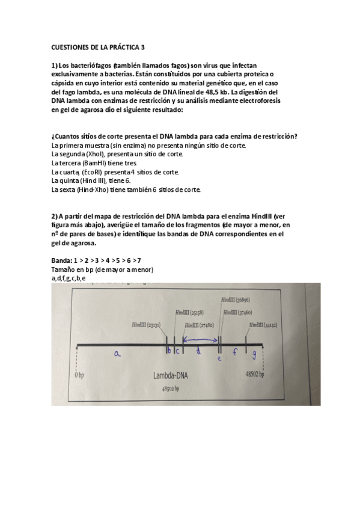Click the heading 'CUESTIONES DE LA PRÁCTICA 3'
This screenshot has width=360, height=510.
(99, 46)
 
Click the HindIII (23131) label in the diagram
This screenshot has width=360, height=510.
(146, 324)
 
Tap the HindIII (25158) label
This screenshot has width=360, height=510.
(189, 313)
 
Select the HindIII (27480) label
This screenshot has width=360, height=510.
(200, 325)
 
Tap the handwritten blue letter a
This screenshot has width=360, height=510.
(118, 355)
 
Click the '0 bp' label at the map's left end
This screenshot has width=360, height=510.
(79, 373)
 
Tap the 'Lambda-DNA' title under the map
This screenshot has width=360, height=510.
(171, 377)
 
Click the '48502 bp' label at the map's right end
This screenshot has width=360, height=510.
(255, 373)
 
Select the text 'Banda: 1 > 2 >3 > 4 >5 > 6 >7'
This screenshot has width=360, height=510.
(97, 260)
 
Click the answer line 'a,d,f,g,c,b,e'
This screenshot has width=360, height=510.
(69, 278)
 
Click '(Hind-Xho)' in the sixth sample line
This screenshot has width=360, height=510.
(91, 189)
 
